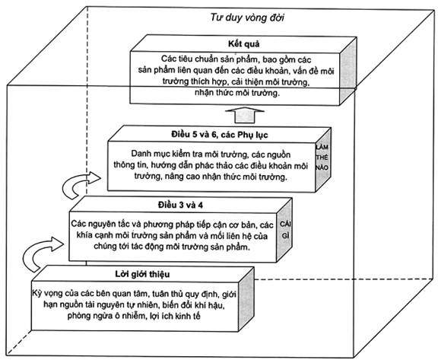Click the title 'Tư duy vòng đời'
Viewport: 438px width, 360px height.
(x=247, y=18)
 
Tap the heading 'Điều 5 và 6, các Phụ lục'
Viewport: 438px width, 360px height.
(x=220, y=135)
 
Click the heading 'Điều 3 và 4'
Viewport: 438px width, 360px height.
(x=180, y=205)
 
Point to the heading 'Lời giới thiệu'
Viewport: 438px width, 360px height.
(x=142, y=274)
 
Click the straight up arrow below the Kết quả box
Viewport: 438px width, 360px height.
(x=245, y=115)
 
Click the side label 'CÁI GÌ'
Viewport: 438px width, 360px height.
(x=285, y=230)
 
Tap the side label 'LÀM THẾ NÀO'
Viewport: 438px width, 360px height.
(x=322, y=158)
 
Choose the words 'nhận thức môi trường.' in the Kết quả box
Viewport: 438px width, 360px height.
(x=237, y=93)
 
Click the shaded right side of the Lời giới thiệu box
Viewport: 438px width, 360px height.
(x=246, y=300)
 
